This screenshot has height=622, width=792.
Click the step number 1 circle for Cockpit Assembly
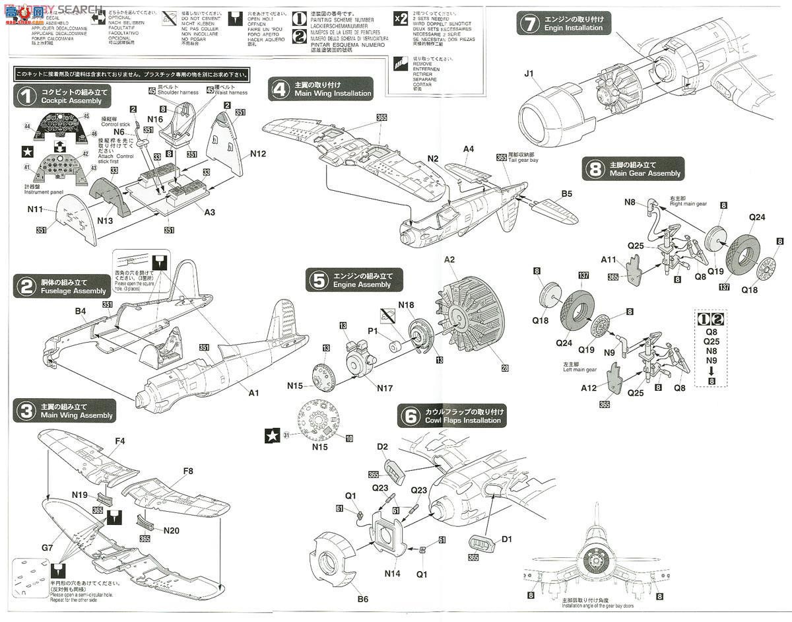point(26,96)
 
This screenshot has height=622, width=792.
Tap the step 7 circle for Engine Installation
point(529,24)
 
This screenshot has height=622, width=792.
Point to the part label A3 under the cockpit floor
point(209,212)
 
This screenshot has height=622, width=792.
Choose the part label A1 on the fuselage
point(253,393)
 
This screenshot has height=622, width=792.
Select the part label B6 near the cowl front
point(362,600)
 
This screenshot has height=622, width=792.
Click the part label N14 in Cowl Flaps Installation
point(392,573)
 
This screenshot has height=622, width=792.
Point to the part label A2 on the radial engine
point(449,260)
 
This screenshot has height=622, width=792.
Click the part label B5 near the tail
point(566,194)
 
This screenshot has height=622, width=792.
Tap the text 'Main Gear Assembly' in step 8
point(645,173)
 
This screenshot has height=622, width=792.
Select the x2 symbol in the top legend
point(400,18)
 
